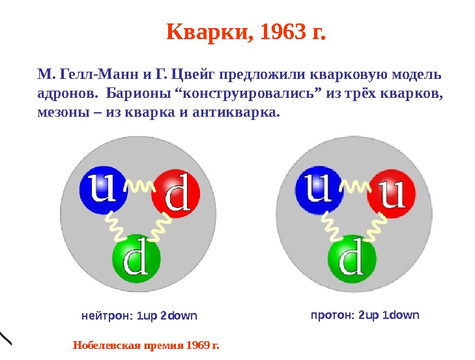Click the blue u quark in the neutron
point(103,190)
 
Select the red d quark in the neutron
point(176,193)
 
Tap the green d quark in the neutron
point(136,258)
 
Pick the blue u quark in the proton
point(319,190)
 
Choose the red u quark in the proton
point(392,193)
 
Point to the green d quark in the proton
point(352,258)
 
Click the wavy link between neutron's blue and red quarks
point(139,186)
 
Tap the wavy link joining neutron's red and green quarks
point(161,227)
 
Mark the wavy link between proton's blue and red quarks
point(356,186)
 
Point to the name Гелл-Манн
point(99,74)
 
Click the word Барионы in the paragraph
point(138,94)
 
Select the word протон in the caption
point(332,316)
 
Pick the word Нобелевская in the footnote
point(107,346)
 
